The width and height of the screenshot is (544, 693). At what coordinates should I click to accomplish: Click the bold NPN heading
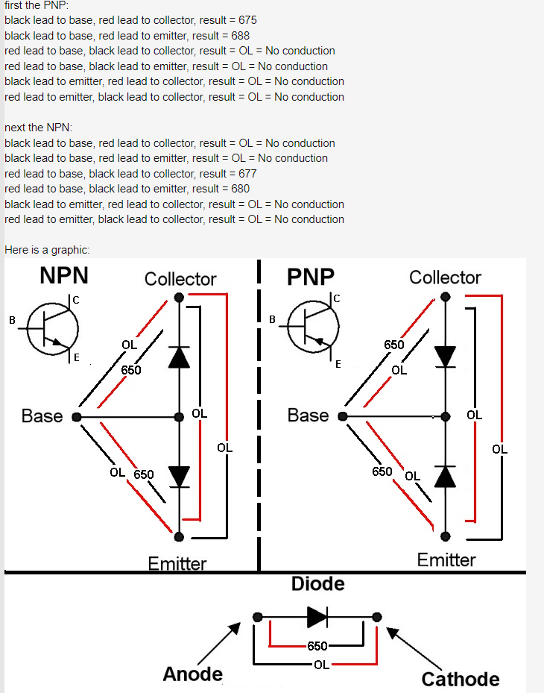click(64, 276)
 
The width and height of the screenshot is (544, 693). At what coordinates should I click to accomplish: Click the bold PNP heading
click(311, 277)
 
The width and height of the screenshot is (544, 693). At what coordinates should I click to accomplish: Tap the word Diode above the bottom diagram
click(317, 583)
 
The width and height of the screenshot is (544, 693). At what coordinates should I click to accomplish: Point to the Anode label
click(192, 674)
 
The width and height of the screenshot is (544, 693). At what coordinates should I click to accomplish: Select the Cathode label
click(460, 679)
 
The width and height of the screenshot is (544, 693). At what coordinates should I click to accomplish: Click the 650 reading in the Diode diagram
click(317, 646)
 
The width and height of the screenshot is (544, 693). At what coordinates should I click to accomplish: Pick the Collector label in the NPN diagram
click(180, 280)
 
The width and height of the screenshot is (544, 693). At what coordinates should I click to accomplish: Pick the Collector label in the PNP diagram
click(445, 278)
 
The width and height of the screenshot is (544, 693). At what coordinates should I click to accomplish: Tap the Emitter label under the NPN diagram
click(177, 563)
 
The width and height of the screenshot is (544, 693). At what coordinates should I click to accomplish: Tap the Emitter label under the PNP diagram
click(446, 560)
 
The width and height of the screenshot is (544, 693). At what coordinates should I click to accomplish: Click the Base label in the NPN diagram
click(42, 416)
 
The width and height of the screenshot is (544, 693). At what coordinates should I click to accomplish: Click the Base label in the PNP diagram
click(308, 416)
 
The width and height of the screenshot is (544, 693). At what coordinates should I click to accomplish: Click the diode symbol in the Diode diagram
click(317, 617)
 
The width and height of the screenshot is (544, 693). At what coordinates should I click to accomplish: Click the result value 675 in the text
click(249, 20)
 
